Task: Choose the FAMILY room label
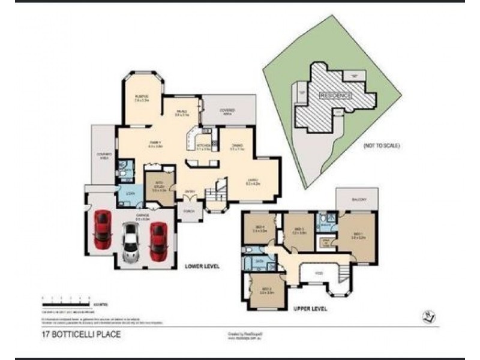click(x=155, y=142)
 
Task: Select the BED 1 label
click(x=358, y=235)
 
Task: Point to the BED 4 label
click(x=260, y=228)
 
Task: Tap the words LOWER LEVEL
click(x=203, y=265)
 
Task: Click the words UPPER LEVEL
click(x=310, y=309)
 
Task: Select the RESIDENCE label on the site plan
click(x=335, y=95)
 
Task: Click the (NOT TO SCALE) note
click(x=382, y=146)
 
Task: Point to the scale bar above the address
click(x=65, y=298)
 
